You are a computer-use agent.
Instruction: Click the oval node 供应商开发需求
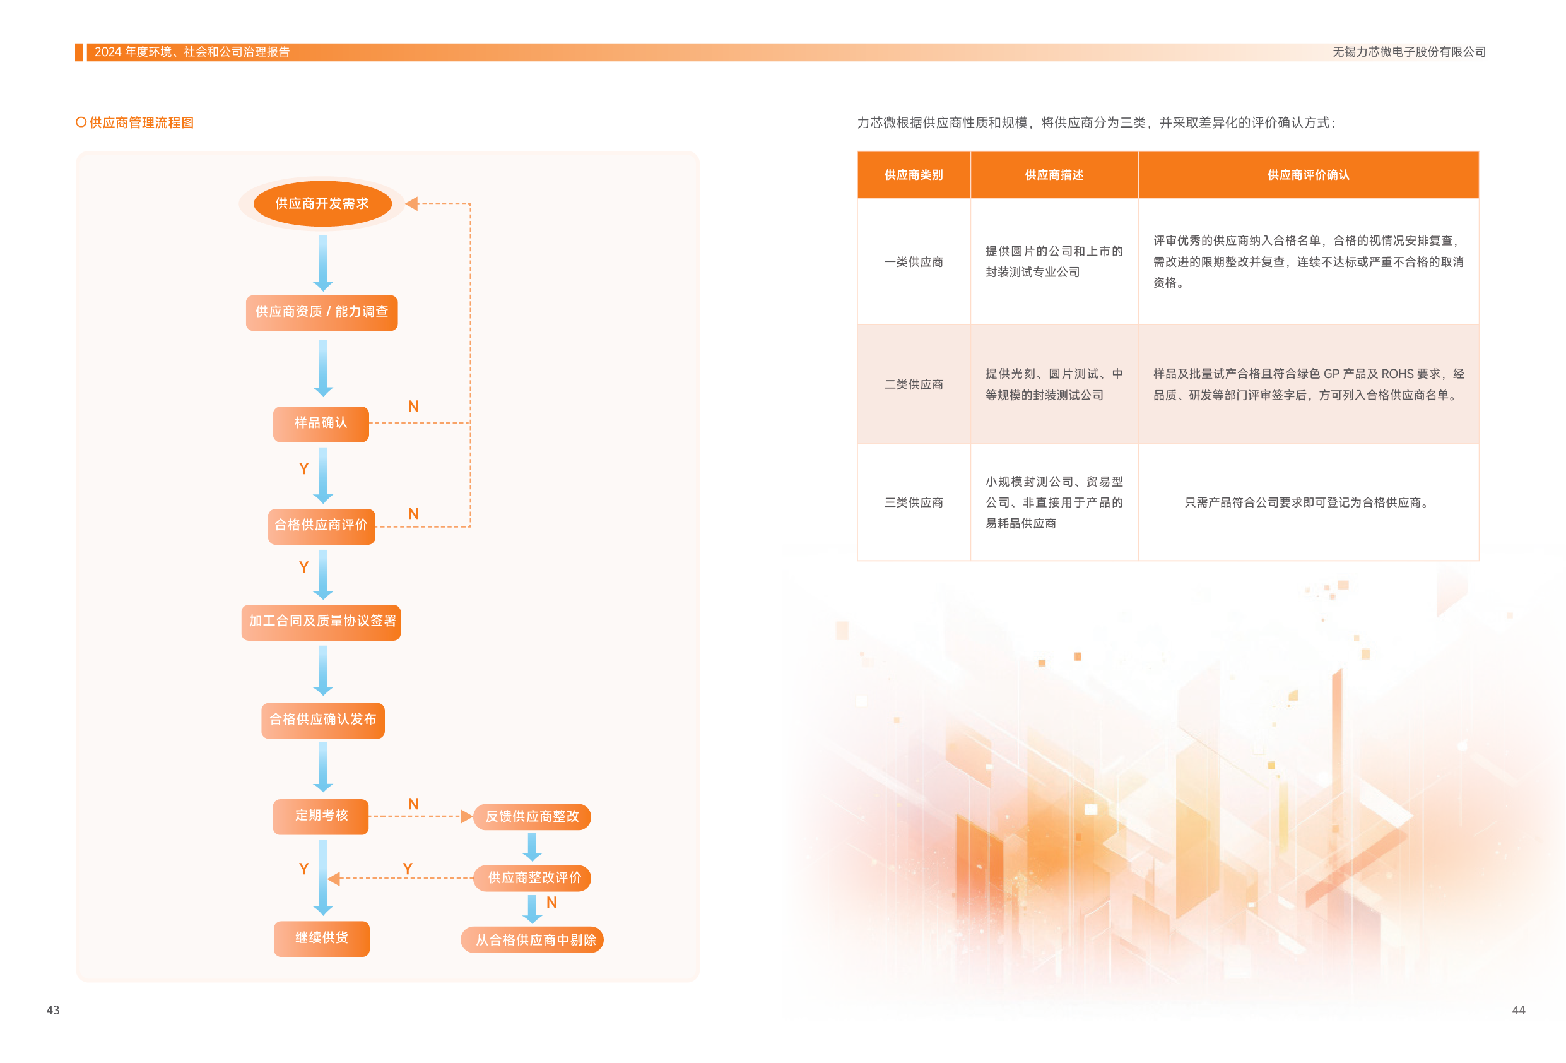tap(322, 203)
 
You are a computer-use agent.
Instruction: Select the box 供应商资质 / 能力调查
tap(322, 312)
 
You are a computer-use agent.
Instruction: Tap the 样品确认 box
tap(321, 424)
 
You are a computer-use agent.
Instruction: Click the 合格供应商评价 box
tap(321, 526)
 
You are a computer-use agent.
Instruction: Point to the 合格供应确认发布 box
tap(323, 720)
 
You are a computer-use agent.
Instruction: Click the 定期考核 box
tap(321, 816)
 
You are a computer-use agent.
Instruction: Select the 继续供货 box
tap(321, 938)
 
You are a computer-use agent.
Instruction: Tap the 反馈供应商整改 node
tap(533, 817)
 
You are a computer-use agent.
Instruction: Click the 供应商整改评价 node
tap(533, 878)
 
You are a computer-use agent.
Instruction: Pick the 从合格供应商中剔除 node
tap(533, 941)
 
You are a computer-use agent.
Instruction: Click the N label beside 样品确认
tap(413, 407)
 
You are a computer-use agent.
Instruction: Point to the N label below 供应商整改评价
tap(551, 903)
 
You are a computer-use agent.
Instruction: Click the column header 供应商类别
tap(913, 175)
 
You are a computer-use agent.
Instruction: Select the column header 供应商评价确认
tap(1308, 175)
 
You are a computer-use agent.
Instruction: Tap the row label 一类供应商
tap(913, 262)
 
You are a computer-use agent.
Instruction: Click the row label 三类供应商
tap(913, 503)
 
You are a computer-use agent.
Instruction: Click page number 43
tap(52, 1010)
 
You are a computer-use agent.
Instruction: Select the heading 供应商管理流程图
tap(141, 122)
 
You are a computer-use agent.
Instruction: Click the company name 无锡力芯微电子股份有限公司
tap(1408, 52)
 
